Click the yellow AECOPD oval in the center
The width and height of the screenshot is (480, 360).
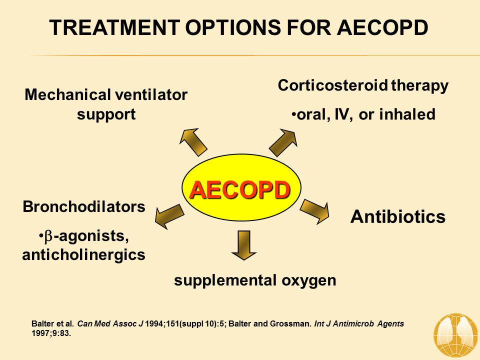(x=241, y=187)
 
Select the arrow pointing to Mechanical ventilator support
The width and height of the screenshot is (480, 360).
(x=193, y=142)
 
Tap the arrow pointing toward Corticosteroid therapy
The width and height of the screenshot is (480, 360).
(x=283, y=142)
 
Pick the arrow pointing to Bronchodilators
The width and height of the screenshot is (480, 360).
(x=169, y=216)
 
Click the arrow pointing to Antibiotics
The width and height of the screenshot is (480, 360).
(x=314, y=211)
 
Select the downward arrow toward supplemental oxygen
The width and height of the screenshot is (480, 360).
(x=243, y=245)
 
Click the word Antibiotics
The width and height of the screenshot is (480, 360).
(x=397, y=216)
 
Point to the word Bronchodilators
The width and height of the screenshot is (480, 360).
(x=84, y=206)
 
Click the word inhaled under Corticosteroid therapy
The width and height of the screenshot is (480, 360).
(x=407, y=114)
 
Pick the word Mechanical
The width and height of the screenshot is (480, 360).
(x=68, y=94)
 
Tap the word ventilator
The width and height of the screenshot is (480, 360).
(x=151, y=94)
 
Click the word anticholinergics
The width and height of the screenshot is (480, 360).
(x=84, y=255)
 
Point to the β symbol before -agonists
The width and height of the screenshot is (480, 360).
(x=48, y=237)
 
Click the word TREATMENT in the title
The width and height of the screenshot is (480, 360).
(x=115, y=27)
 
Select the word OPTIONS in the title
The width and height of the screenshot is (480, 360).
(x=233, y=27)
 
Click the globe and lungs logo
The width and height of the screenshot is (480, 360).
(x=456, y=335)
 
